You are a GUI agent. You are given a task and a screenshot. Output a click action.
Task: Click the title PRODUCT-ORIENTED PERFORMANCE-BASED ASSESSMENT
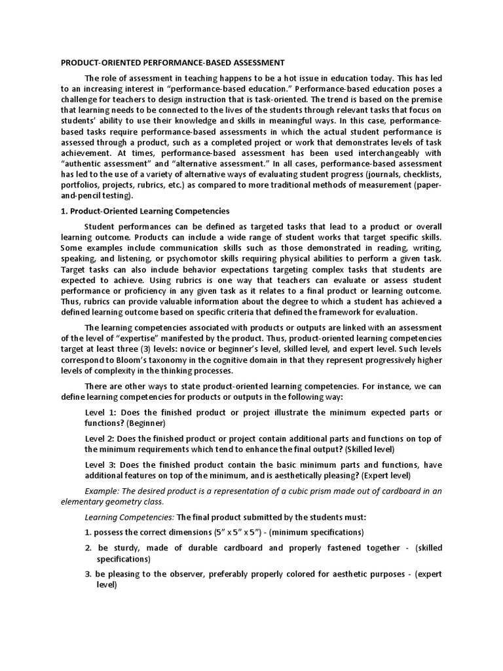tap(172, 63)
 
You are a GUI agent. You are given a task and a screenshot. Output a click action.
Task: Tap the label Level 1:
tap(102, 412)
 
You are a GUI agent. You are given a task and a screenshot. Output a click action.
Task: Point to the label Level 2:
tap(102, 438)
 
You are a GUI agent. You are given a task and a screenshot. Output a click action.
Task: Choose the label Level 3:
tap(102, 465)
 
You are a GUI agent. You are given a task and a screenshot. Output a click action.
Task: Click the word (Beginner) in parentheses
tap(149, 423)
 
